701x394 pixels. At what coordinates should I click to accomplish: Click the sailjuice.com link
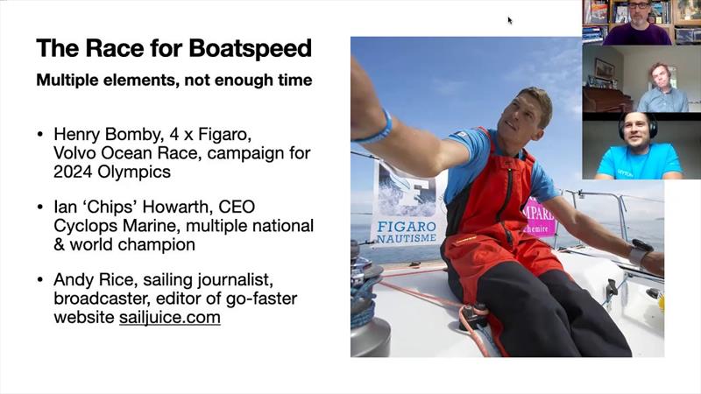point(169,317)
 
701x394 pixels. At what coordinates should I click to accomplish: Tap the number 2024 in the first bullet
point(74,172)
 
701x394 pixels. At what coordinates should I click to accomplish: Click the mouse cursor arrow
point(510,20)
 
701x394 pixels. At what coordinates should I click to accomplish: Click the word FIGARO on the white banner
point(407,227)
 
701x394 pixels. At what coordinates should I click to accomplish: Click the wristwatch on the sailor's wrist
point(640,251)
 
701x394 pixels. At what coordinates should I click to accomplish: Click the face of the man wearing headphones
point(636,129)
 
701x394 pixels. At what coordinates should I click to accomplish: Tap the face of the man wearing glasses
point(638,11)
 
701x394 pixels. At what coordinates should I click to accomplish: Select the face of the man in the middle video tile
point(660,77)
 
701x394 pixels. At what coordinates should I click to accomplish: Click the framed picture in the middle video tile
point(605,69)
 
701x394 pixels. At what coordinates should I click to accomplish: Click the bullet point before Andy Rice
point(40,280)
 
